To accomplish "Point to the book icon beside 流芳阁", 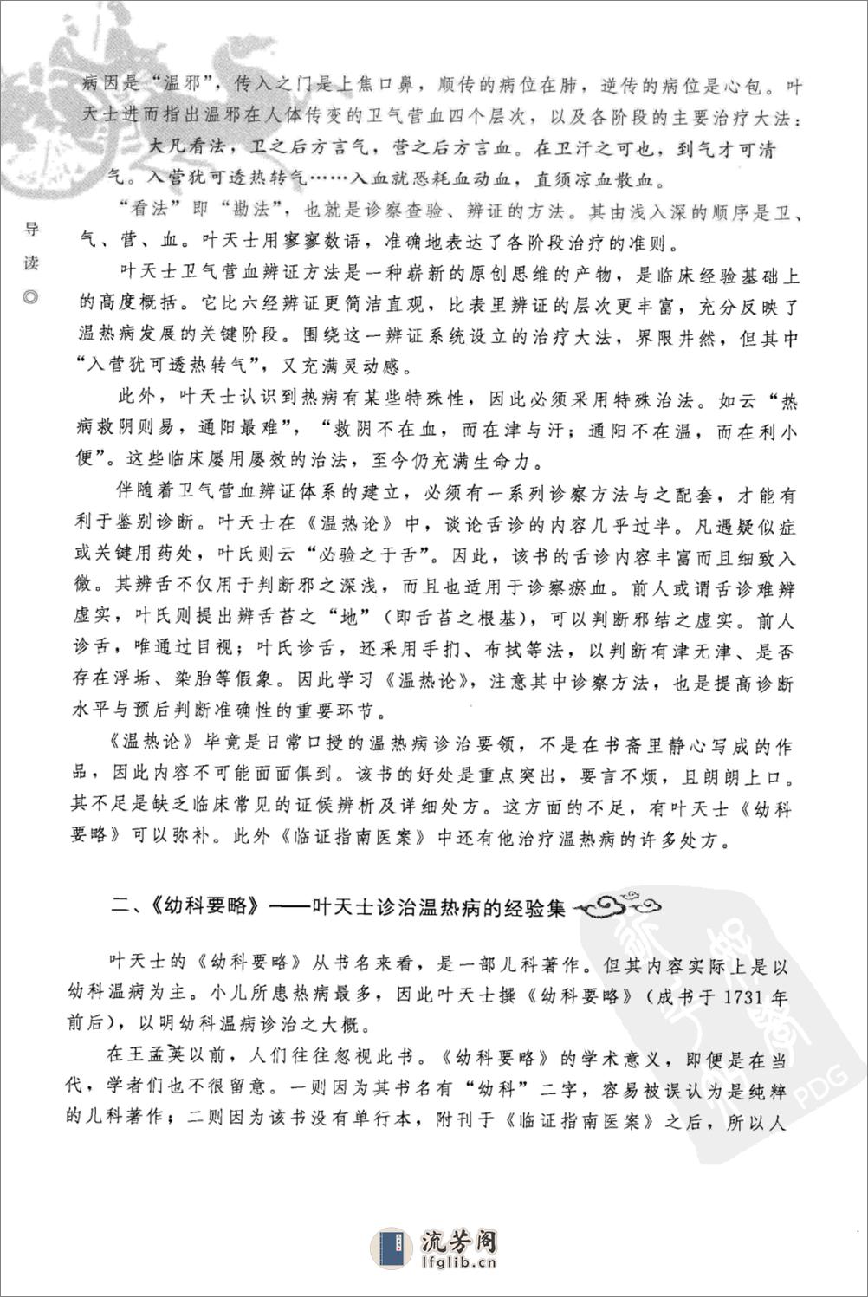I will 392,1251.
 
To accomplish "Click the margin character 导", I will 32,230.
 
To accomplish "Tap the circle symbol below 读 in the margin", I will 32,297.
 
